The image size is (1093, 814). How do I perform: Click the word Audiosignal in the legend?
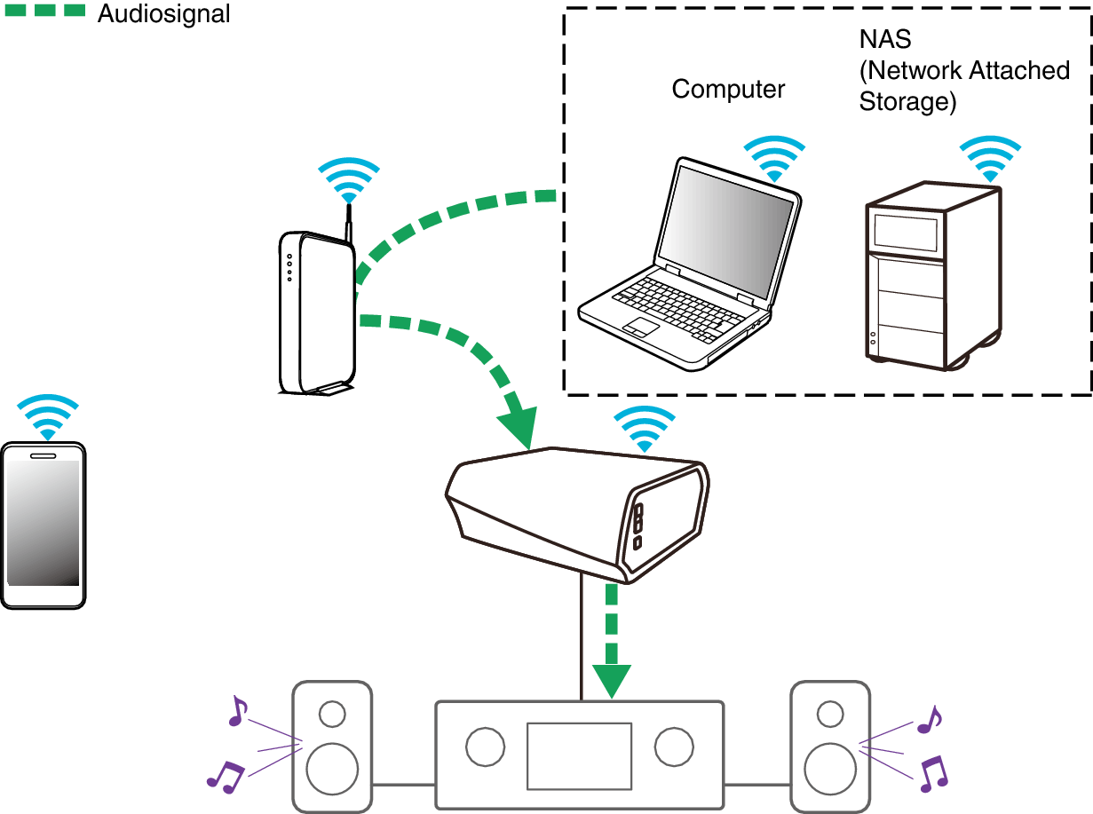tap(163, 14)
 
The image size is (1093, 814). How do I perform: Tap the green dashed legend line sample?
tap(45, 10)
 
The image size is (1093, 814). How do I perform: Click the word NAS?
tap(885, 39)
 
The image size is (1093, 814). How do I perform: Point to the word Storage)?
tap(907, 102)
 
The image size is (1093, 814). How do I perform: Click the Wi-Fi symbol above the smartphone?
tap(48, 417)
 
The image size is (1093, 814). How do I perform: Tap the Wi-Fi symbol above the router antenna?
tap(349, 180)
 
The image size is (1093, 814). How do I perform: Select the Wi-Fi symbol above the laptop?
tap(774, 159)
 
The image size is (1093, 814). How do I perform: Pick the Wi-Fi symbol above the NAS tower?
tap(990, 159)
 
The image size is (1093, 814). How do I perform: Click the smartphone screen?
tap(43, 523)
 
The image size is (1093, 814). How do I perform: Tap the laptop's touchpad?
tap(641, 328)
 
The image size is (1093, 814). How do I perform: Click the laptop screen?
tap(726, 231)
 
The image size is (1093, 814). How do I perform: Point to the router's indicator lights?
tap(289, 267)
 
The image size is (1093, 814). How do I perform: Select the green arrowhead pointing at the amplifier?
tap(611, 682)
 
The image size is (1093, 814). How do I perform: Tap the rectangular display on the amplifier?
tap(579, 756)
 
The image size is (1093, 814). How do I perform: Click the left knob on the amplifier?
tap(485, 747)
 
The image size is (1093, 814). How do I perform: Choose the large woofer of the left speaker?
tap(332, 769)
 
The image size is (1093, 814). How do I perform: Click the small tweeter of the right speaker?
tap(830, 714)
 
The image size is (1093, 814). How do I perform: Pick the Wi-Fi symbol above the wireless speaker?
tap(644, 429)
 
